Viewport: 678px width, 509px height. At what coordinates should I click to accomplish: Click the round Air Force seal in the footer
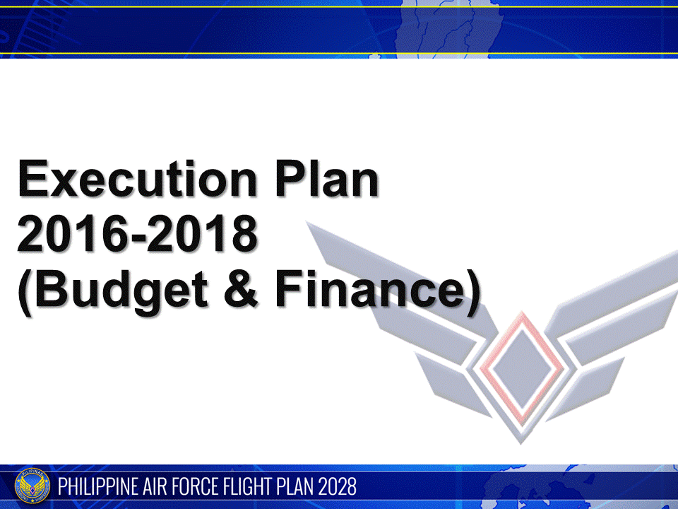pyautogui.click(x=32, y=487)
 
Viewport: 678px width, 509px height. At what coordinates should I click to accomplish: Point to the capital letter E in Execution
pyautogui.click(x=32, y=179)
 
